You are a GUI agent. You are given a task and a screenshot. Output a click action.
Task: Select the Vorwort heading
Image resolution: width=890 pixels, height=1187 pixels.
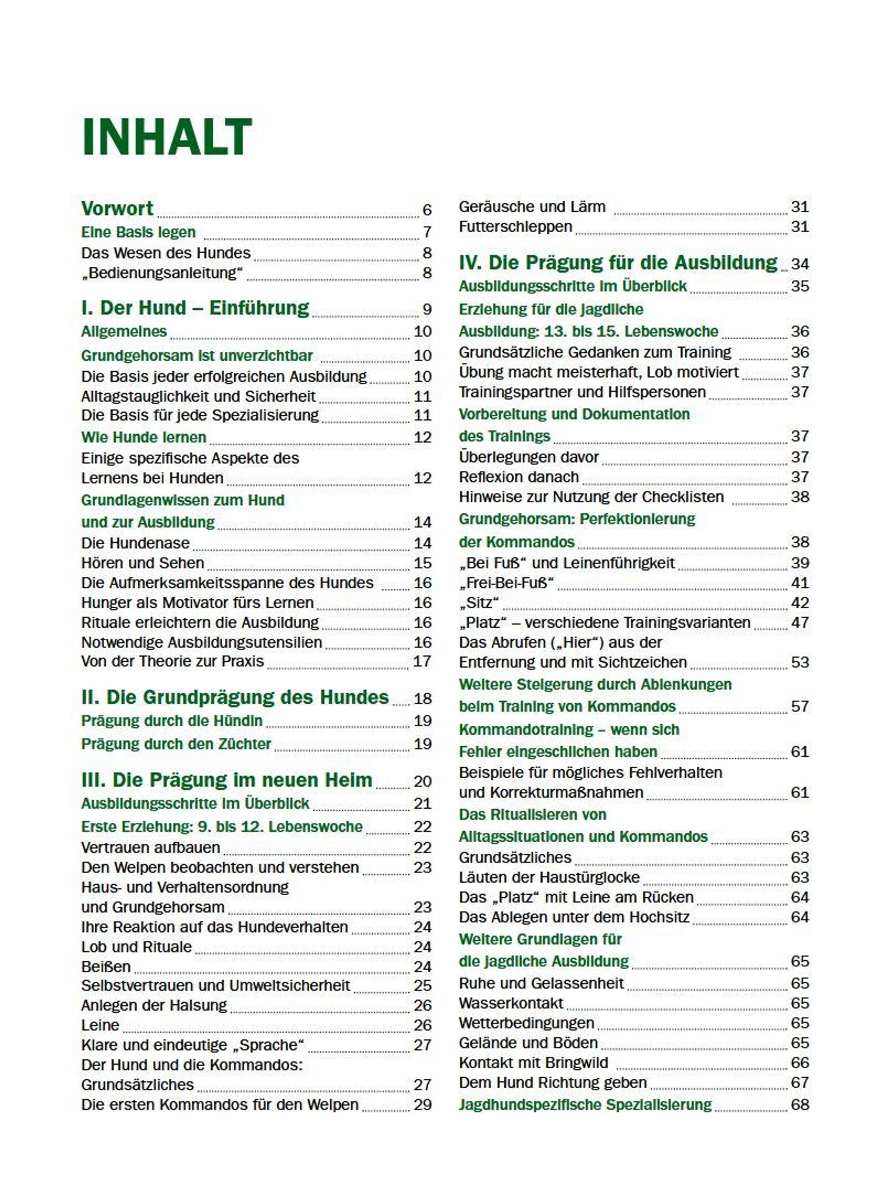pyautogui.click(x=117, y=208)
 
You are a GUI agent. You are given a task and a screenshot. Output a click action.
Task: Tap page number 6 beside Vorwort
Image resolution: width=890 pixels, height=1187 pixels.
pyautogui.click(x=426, y=210)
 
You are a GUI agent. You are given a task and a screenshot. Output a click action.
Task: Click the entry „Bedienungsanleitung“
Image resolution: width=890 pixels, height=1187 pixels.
pyautogui.click(x=162, y=273)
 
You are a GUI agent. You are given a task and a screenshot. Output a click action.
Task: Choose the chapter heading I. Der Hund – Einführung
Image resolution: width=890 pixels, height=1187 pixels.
pyautogui.click(x=195, y=308)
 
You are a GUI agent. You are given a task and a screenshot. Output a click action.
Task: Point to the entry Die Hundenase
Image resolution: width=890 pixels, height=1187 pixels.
pyautogui.click(x=135, y=543)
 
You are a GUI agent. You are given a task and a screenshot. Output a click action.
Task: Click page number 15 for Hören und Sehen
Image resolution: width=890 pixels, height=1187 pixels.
pyautogui.click(x=422, y=563)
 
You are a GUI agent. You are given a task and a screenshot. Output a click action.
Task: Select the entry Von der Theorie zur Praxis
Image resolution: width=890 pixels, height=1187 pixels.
pyautogui.click(x=172, y=661)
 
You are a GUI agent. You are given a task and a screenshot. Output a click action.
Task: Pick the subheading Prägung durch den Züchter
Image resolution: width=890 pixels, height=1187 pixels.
pyautogui.click(x=176, y=744)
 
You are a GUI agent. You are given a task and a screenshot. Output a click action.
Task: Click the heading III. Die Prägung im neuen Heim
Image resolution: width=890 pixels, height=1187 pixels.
pyautogui.click(x=226, y=780)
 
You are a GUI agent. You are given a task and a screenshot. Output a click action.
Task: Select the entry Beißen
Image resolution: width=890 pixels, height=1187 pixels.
pyautogui.click(x=106, y=966)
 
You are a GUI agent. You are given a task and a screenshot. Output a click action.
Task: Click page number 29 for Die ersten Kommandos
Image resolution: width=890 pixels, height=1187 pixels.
pyautogui.click(x=422, y=1104)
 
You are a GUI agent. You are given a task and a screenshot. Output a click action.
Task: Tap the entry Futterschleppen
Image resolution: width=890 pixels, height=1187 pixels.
pyautogui.click(x=515, y=226)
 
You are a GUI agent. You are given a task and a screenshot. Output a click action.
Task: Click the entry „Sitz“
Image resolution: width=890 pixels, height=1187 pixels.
pyautogui.click(x=478, y=603)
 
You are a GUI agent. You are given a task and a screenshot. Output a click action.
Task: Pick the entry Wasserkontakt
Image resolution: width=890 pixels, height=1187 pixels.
pyautogui.click(x=511, y=1003)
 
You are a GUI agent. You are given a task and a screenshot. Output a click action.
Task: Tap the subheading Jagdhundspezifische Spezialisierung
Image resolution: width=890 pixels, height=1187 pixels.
pyautogui.click(x=585, y=1104)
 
